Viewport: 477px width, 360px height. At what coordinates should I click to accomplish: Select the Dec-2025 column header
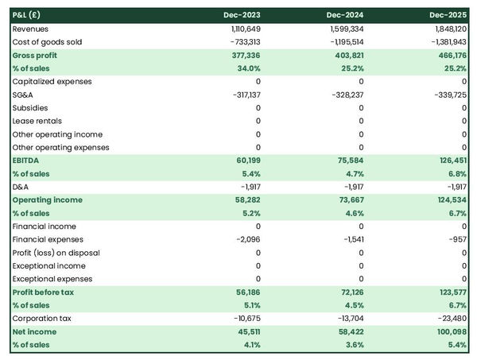[448, 15]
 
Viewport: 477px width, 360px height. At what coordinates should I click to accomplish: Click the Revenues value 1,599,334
[344, 29]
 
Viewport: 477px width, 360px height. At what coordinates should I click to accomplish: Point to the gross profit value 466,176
[451, 55]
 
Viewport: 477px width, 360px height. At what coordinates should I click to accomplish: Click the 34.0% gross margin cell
[246, 68]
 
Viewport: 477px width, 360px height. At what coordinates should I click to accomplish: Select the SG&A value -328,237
[347, 95]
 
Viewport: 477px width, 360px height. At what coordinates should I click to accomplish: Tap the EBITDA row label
[28, 161]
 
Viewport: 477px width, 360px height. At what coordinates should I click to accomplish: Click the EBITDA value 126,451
[451, 161]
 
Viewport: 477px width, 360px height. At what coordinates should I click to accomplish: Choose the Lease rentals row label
[40, 121]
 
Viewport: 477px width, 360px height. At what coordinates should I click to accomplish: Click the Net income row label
[34, 331]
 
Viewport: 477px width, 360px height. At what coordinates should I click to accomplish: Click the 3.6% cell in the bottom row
[351, 345]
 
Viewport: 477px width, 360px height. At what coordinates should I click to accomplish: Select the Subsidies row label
[30, 108]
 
